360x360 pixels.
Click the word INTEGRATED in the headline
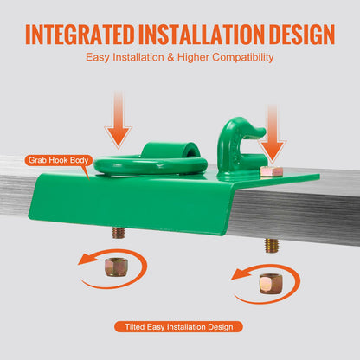[80, 34]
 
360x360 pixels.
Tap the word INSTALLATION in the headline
[202, 34]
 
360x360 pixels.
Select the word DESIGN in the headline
[302, 34]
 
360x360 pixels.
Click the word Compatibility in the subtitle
[243, 57]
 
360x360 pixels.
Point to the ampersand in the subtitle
[170, 57]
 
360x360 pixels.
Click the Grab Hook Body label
[59, 160]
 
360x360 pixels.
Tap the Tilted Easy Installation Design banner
[179, 327]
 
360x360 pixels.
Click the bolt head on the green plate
[272, 171]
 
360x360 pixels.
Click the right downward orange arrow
[272, 133]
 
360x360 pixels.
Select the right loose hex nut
[271, 284]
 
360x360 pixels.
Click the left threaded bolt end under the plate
[119, 233]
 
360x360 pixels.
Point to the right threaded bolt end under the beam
[273, 246]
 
